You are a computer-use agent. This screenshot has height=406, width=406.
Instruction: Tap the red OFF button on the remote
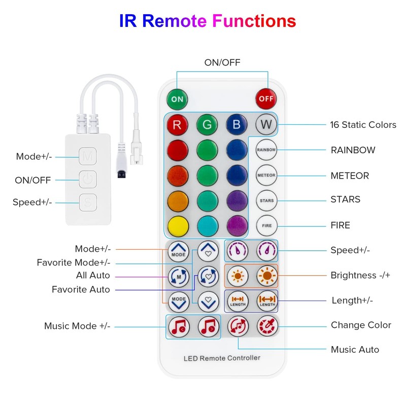point(266,98)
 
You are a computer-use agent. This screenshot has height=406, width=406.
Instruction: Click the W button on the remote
point(266,124)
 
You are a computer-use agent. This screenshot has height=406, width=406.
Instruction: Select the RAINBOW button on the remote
point(266,150)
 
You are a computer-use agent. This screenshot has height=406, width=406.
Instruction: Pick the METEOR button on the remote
point(266,175)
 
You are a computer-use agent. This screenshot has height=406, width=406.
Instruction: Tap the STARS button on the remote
point(266,200)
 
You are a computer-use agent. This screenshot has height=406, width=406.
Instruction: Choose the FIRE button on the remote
point(266,225)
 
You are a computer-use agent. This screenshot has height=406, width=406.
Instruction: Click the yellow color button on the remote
point(178,225)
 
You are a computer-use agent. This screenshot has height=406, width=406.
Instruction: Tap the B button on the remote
point(237,124)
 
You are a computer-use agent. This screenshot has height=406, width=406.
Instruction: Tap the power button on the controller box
point(88,180)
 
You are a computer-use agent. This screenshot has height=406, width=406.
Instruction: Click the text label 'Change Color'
point(361,325)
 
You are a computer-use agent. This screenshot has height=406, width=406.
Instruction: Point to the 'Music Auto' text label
point(355,349)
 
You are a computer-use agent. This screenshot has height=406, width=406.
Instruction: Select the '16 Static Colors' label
point(363,124)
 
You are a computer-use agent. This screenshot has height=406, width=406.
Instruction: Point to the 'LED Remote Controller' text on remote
point(222,358)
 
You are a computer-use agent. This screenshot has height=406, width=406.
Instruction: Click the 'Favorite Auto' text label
point(81,289)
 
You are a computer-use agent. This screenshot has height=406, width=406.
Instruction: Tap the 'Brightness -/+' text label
point(360,275)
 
